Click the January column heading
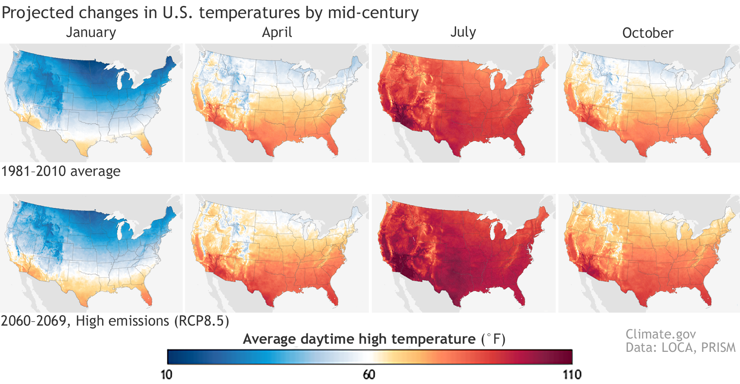(91, 33)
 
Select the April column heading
(277, 33)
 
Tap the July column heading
(463, 32)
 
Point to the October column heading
(647, 33)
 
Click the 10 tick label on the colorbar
(166, 375)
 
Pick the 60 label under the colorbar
(369, 375)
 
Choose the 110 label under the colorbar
(572, 375)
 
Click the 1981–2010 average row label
(61, 171)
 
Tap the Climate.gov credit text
(660, 334)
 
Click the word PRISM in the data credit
(718, 348)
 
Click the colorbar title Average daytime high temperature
(359, 339)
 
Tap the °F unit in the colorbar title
(494, 339)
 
